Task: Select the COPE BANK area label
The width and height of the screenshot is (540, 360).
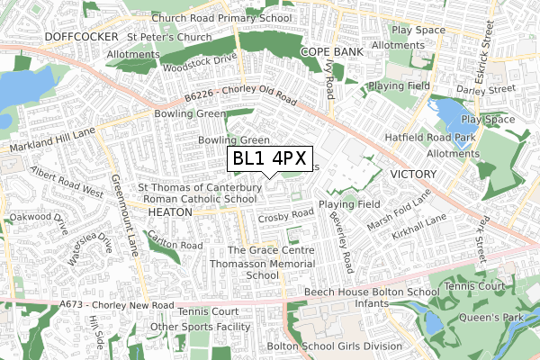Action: point(332,52)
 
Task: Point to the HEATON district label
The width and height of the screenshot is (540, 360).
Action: point(170,211)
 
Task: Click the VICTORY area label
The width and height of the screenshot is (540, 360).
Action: point(413,173)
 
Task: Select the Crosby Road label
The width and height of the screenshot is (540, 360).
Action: point(284,216)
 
